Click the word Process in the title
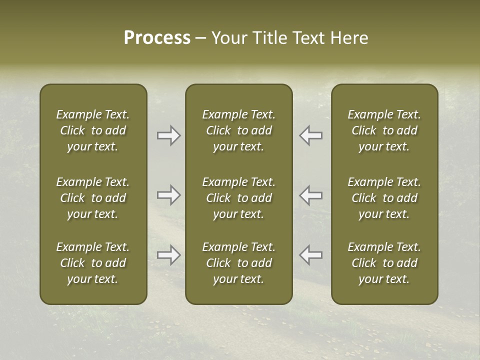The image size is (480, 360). [x=157, y=38]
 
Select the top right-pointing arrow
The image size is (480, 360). [x=169, y=135]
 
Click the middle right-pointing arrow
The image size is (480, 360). [x=169, y=195]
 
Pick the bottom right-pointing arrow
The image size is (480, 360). [x=169, y=255]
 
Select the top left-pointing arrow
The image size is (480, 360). [x=310, y=135]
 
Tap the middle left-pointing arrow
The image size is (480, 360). [x=310, y=195]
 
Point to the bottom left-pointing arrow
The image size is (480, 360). [x=310, y=255]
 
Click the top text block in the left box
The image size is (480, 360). [x=93, y=130]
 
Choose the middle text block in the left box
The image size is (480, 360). [x=93, y=198]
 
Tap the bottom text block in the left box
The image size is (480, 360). [x=93, y=263]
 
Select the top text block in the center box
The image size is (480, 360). [x=239, y=130]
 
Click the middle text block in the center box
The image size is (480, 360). [x=239, y=198]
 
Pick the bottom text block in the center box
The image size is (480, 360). [x=239, y=263]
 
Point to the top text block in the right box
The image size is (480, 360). [x=384, y=130]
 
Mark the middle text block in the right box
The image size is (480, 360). [x=384, y=198]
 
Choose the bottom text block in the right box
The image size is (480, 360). [x=384, y=263]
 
